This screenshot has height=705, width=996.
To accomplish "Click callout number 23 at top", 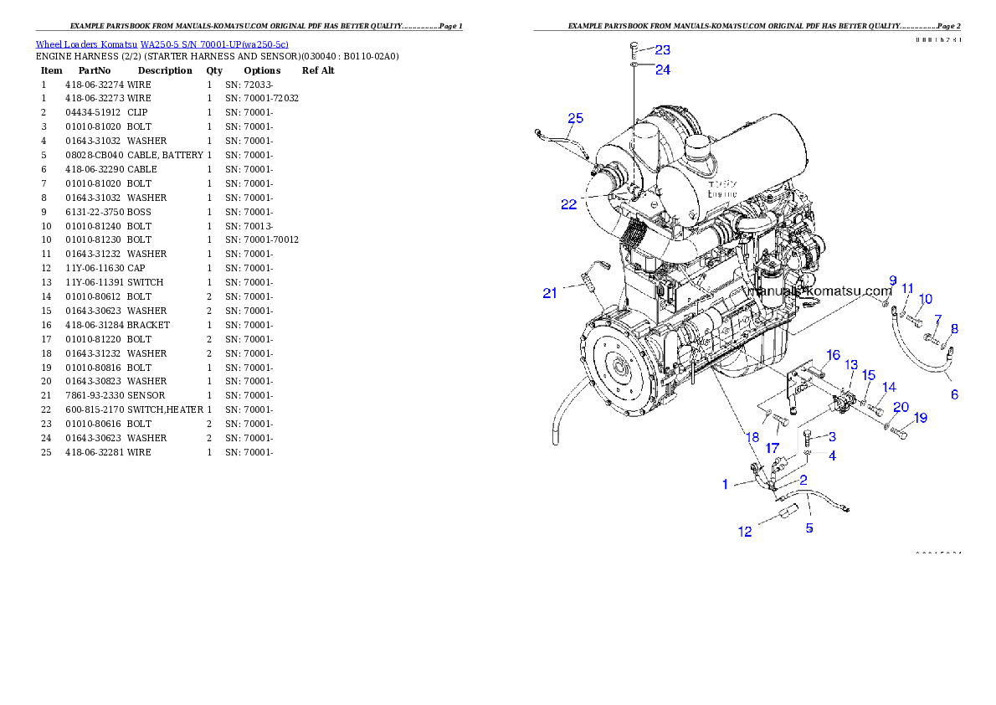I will click(x=662, y=50).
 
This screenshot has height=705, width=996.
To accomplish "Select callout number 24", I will click(x=662, y=70).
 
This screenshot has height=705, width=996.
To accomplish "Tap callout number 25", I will click(x=575, y=118).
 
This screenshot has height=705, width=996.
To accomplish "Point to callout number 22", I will click(x=569, y=204).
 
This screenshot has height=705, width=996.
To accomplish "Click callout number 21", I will click(x=550, y=293).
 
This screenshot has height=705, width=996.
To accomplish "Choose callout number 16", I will click(x=833, y=355).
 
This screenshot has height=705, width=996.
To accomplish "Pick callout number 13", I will click(x=851, y=365).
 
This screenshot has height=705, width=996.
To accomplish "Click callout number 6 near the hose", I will click(x=954, y=394).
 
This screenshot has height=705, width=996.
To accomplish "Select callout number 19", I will click(x=920, y=417).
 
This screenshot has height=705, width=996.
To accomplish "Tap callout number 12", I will click(x=745, y=533).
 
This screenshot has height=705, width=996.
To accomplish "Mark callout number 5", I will click(x=809, y=528).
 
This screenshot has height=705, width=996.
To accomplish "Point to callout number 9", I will click(x=892, y=280).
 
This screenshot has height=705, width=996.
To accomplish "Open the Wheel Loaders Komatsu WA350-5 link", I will click(x=162, y=44).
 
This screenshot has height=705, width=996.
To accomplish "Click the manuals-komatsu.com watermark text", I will click(x=823, y=291).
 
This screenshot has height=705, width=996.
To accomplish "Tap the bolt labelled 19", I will click(x=900, y=434).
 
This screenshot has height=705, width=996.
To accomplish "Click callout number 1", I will click(x=725, y=484).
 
